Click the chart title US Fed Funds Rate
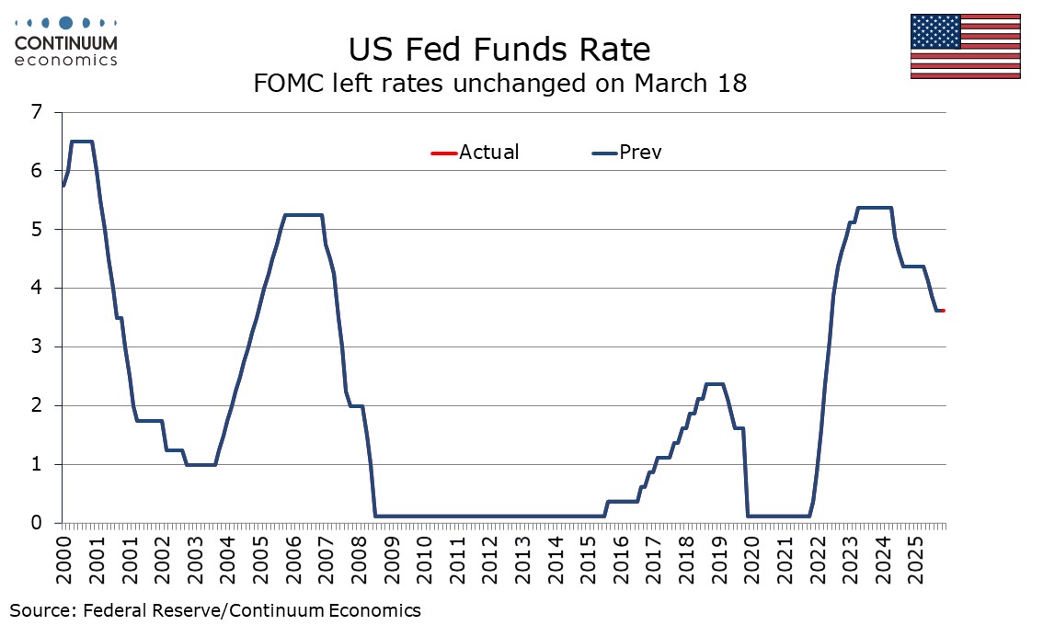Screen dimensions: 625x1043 point(499,48)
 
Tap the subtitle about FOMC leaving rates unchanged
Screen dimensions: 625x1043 point(499,84)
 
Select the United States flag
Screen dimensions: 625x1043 point(965,46)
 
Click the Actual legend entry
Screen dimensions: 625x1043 point(475,153)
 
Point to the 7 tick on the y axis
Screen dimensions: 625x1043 point(37,112)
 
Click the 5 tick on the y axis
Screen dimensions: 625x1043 point(37,230)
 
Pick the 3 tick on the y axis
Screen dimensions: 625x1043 point(37,347)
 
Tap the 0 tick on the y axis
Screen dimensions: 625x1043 point(37,523)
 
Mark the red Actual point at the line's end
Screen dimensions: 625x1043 point(943,311)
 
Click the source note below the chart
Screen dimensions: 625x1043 point(215,609)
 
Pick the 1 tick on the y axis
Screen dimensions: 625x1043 point(37,464)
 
